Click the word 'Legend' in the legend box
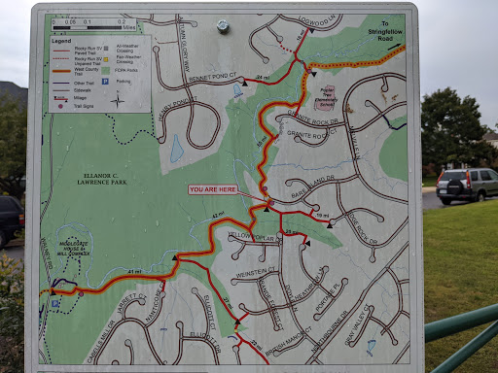click(x=63, y=40)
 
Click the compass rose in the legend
click(x=117, y=99)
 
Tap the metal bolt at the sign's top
click(x=224, y=26)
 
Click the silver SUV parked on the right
click(x=466, y=185)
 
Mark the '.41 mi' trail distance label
click(x=134, y=271)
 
